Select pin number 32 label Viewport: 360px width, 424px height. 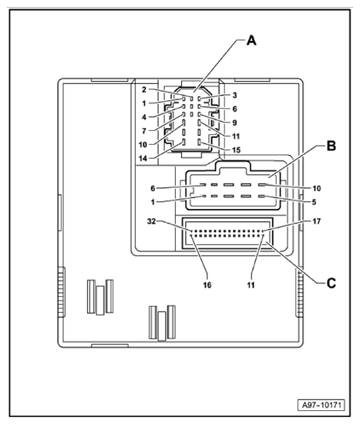click(x=152, y=220)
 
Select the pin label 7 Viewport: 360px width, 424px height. click(x=144, y=130)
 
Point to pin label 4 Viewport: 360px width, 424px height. click(x=144, y=116)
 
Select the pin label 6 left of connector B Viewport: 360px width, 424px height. click(x=153, y=188)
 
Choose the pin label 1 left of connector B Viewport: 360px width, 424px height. click(x=153, y=203)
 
